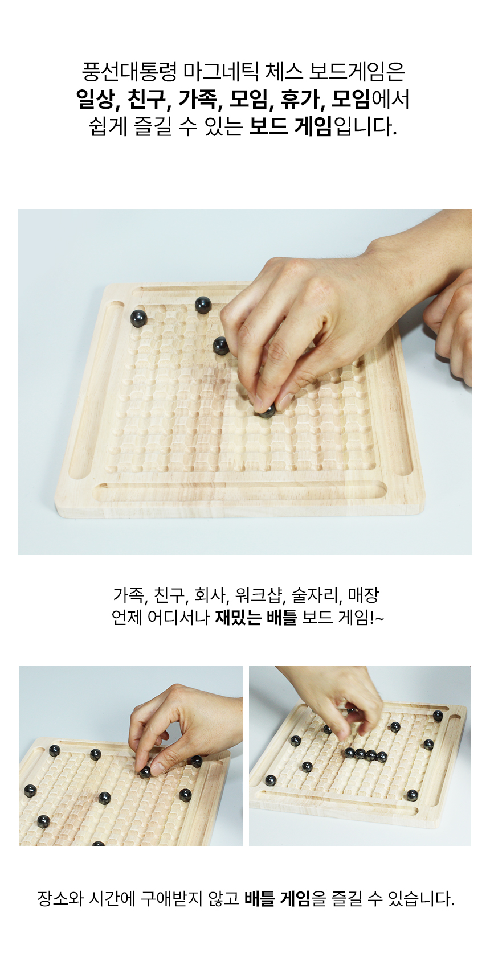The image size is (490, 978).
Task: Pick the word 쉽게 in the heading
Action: click(x=108, y=126)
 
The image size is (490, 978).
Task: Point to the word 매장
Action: click(x=364, y=595)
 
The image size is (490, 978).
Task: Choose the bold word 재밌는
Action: click(x=238, y=617)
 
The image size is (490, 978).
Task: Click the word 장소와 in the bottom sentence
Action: click(x=60, y=899)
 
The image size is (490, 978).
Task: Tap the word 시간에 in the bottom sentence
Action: click(x=112, y=899)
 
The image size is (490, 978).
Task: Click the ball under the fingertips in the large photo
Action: click(x=266, y=411)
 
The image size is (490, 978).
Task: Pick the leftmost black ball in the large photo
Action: click(x=138, y=318)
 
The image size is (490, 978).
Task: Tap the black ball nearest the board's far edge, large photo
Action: click(x=203, y=305)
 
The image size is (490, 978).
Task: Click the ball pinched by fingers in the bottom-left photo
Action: click(x=146, y=772)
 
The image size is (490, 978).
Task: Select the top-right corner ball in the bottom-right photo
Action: click(x=438, y=716)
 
